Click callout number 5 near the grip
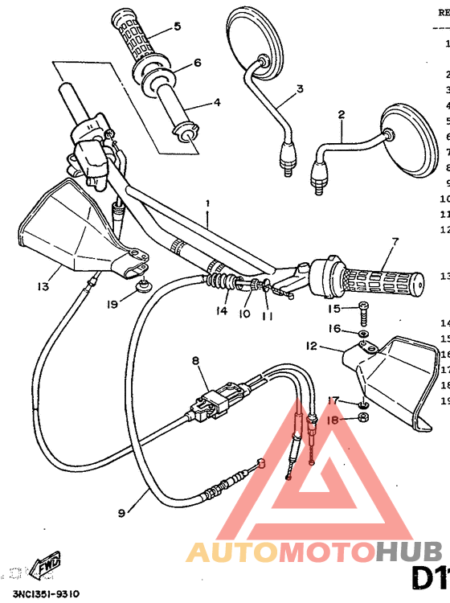[x=177, y=27]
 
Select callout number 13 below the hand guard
[x=43, y=285]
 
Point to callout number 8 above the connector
[x=195, y=362]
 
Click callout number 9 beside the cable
[x=121, y=511]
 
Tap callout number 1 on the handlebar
[x=207, y=204]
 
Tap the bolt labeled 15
[x=364, y=308]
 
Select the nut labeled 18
[x=362, y=418]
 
